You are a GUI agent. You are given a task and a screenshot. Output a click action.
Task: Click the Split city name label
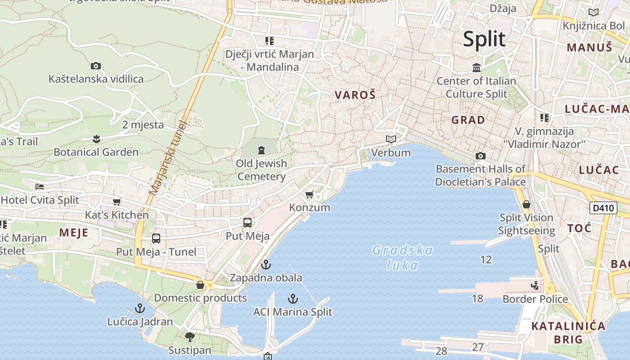tap(484, 39)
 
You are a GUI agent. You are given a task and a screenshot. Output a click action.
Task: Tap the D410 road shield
tap(603, 208)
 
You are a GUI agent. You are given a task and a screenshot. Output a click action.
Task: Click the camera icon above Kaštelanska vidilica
tap(95, 66)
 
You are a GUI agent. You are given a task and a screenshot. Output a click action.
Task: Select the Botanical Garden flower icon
tap(96, 139)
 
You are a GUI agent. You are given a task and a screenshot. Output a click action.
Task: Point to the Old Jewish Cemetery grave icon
tap(261, 150)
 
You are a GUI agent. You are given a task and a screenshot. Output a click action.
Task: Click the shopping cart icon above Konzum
tap(309, 195)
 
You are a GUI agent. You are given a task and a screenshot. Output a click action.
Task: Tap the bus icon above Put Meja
tap(247, 223)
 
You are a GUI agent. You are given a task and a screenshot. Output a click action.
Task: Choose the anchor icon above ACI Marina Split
tap(293, 298)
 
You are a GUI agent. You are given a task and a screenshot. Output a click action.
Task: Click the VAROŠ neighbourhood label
tap(355, 95)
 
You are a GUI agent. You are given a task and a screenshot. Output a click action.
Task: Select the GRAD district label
tap(468, 120)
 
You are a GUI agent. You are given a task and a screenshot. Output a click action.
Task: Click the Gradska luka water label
tap(402, 257)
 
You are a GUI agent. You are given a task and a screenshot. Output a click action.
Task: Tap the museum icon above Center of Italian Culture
tap(477, 68)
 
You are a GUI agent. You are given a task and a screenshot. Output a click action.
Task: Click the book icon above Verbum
tap(391, 139)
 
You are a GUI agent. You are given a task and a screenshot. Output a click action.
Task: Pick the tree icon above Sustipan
tap(190, 337)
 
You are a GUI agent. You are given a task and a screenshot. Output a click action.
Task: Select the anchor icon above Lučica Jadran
tap(140, 308)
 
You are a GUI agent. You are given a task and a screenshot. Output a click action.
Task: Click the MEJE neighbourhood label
tap(74, 233)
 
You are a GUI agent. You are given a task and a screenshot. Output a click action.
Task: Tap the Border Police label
tap(535, 299)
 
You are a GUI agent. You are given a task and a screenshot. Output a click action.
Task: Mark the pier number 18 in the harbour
tap(477, 298)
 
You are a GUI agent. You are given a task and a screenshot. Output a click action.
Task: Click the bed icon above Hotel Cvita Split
tap(40, 187)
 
